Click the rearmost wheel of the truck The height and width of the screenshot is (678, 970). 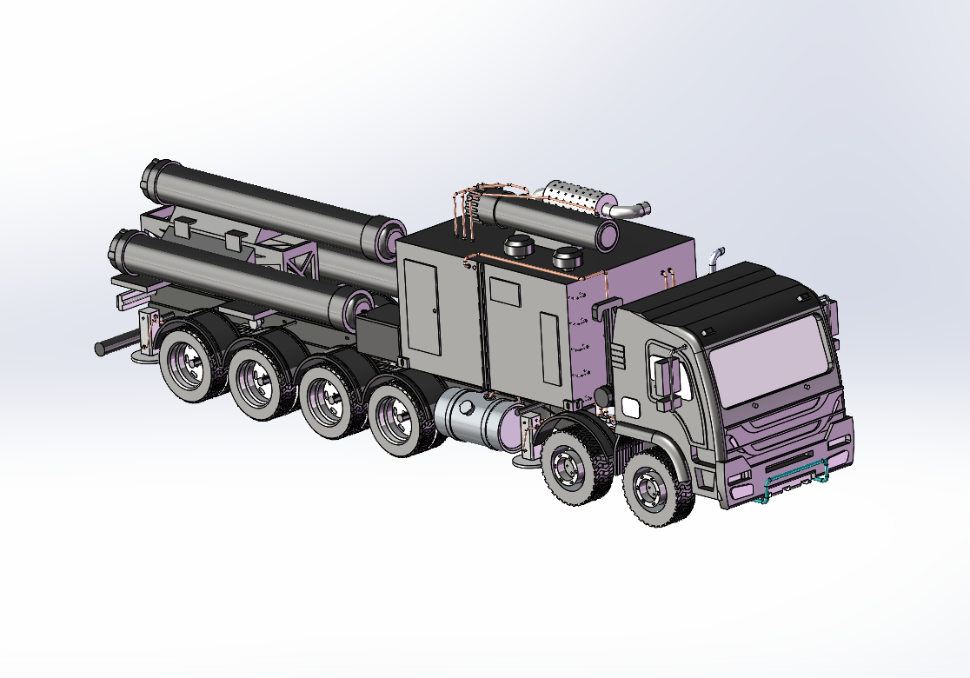click(187, 365)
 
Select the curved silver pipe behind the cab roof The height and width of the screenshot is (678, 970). click(714, 257)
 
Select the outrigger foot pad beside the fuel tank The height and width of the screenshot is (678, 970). click(526, 460)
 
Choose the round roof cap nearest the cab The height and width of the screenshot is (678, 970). click(567, 257)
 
